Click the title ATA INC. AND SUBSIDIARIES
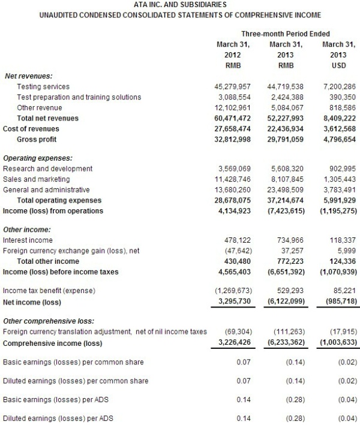pos(180,4)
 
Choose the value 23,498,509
pos(286,189)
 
